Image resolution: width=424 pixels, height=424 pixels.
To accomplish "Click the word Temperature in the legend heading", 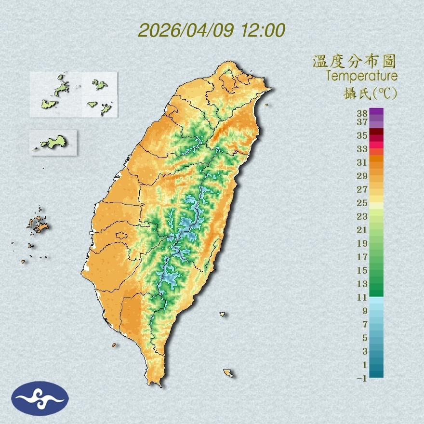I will tap(361, 76).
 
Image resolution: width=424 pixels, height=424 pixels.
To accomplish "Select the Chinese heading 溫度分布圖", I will tap(354, 62).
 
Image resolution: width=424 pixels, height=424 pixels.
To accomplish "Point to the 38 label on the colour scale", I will tap(362, 114).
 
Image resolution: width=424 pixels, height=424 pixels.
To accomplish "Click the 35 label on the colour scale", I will tap(362, 136).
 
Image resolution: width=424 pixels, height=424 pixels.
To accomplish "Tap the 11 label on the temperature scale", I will tap(362, 297).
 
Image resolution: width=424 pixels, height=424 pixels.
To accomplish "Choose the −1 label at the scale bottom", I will tap(362, 379).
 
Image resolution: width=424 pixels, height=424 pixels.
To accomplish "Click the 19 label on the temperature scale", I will tap(362, 243).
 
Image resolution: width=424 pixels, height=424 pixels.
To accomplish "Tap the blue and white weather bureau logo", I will tap(40, 398).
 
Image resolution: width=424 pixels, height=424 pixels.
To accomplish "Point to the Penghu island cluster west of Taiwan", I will tap(38, 225).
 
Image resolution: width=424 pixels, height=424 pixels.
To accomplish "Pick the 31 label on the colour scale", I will tap(362, 162).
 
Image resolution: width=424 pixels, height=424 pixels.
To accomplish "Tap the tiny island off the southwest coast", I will tap(114, 345).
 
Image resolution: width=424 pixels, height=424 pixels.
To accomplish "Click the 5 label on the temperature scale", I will tap(365, 337).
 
